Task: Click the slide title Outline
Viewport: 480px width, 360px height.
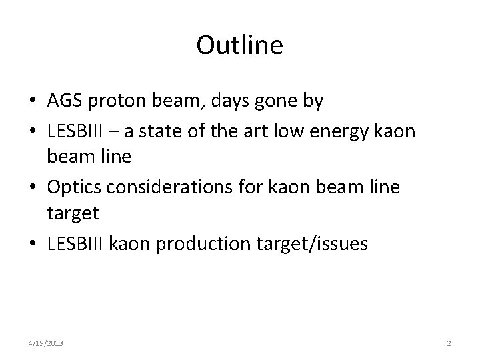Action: click(x=240, y=45)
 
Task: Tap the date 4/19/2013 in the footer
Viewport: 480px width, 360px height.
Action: click(x=46, y=344)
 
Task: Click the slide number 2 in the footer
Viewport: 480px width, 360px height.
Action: click(x=449, y=344)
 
